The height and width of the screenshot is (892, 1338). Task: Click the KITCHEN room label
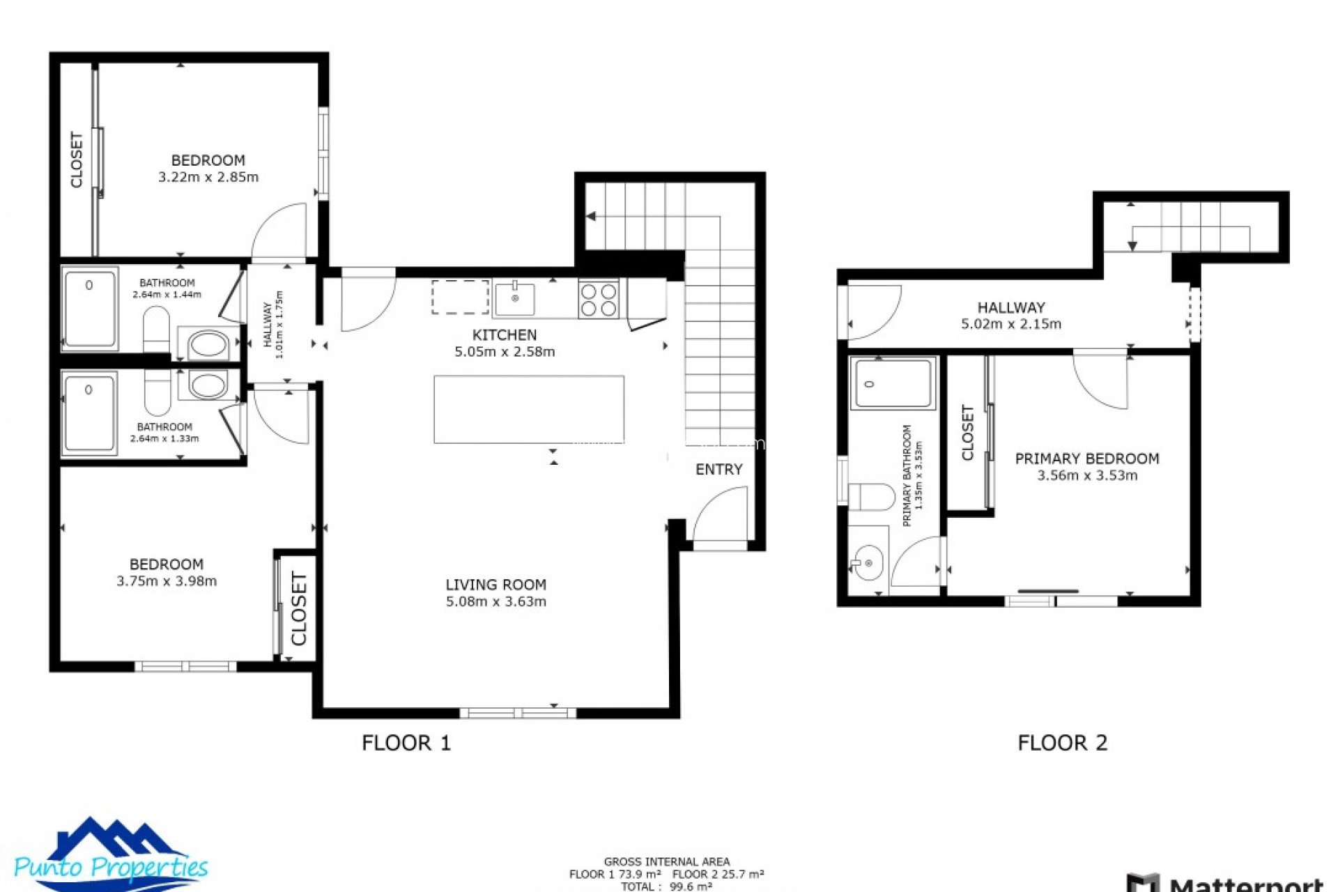point(505,334)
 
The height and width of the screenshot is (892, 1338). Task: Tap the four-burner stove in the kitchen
point(599,299)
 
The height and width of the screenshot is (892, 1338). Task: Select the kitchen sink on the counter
point(514,298)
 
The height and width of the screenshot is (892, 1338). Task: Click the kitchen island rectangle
point(528,409)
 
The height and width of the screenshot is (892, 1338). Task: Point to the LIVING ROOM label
point(495,585)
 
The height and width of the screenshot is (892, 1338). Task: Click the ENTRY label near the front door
point(718,470)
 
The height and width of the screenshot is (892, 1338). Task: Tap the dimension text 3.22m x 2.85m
point(208,177)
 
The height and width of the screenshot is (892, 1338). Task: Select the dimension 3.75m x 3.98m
point(166,581)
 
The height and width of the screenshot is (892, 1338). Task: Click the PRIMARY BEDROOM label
point(1086,459)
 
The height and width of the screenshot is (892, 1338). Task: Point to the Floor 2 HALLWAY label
point(1010,307)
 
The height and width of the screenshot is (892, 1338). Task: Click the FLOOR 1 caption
point(406,743)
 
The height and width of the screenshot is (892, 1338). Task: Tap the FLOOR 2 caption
point(1062,743)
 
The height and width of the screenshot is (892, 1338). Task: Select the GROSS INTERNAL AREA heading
point(666,862)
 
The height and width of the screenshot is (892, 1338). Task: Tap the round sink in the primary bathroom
point(868,562)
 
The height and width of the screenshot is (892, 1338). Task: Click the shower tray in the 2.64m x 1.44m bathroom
point(90,307)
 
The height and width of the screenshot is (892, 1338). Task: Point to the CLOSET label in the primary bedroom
point(967,433)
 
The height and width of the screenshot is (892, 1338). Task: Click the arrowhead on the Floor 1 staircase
point(591,217)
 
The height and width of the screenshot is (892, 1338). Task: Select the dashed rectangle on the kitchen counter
point(460,298)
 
